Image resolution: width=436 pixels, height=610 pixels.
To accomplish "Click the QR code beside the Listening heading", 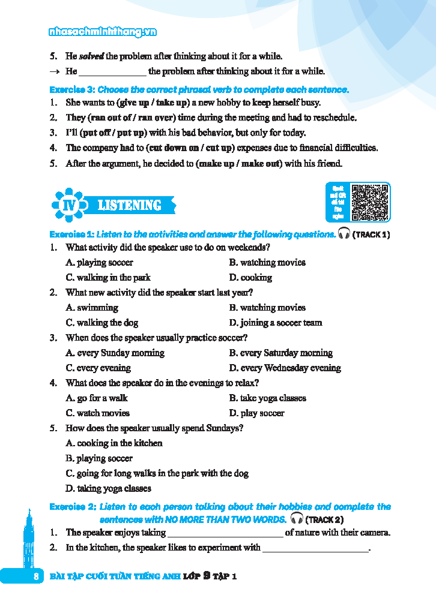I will pos(370,202).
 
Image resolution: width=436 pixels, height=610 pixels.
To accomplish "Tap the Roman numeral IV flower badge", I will pos(67,205).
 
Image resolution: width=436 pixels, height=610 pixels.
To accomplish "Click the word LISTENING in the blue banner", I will pos(129,205).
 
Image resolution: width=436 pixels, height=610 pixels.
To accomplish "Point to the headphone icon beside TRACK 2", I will pos(296,518).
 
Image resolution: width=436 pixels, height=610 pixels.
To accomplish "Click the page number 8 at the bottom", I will pos(36,576).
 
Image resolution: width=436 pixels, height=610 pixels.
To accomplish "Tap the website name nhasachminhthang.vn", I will pos(103,32).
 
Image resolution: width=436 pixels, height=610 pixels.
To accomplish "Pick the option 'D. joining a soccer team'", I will pos(276,323).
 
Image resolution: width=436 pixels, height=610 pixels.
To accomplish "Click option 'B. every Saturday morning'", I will pos(280,353).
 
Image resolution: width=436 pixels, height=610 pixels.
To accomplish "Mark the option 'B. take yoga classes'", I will pos(267,398).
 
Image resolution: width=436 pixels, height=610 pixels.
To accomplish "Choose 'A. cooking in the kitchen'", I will pos(114,443).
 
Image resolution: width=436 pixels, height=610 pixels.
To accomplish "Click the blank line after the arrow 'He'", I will pos(112,72).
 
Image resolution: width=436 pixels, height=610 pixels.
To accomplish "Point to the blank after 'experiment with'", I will pos(315,548).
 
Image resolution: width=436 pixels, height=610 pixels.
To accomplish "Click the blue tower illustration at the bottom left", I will pos(28,540).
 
